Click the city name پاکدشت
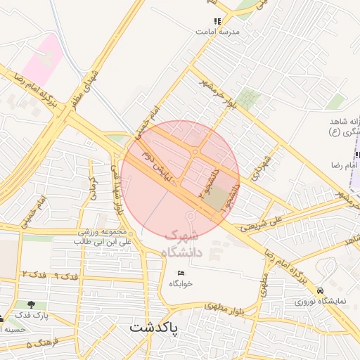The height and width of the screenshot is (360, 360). coord(153,328)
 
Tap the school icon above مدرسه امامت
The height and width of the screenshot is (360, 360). coord(217,22)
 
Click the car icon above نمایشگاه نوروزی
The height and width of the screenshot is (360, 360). coord(321,290)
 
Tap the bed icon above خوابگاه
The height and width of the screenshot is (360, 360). coord(181,273)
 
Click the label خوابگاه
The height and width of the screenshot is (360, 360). coord(181,283)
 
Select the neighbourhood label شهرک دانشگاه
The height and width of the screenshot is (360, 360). coord(181,244)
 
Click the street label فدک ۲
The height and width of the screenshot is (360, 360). coord(34,273)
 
